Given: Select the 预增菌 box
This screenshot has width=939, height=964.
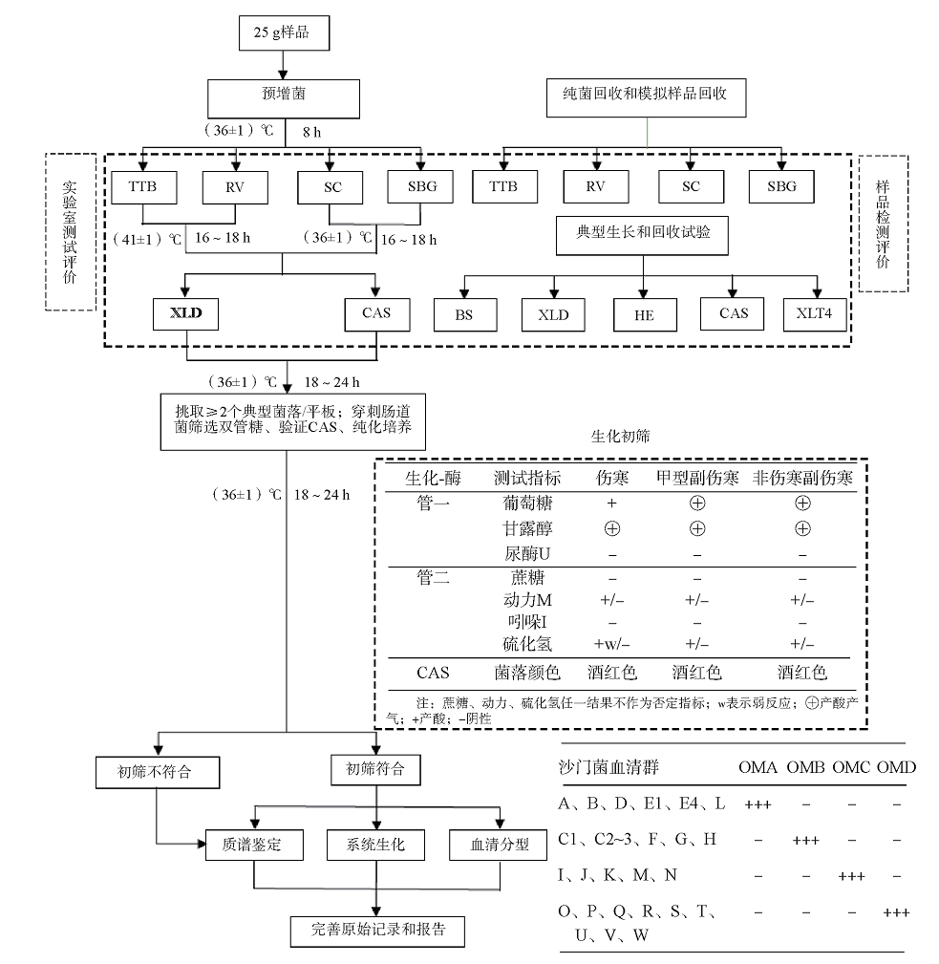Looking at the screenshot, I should coord(284,96).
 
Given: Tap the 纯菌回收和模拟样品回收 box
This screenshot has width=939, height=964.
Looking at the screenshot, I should coord(647,96).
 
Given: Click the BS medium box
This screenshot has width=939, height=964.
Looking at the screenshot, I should coord(464,314).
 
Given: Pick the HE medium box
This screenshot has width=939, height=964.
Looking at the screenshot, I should coord(644,314).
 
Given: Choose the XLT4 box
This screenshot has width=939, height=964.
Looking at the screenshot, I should coord(815,314).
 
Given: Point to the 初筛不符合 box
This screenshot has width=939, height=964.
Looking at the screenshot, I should coord(155,771).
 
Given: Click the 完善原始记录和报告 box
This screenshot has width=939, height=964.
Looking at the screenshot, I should coord(379,930).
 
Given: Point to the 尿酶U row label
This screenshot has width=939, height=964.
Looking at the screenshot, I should coord(526,553).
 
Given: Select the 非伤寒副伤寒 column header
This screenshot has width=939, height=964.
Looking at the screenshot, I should coord(802,477).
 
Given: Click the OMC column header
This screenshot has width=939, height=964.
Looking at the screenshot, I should coord(851,767).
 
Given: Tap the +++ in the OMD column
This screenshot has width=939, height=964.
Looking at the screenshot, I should coord(896,912).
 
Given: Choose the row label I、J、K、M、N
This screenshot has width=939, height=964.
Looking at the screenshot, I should coord(618,876).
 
